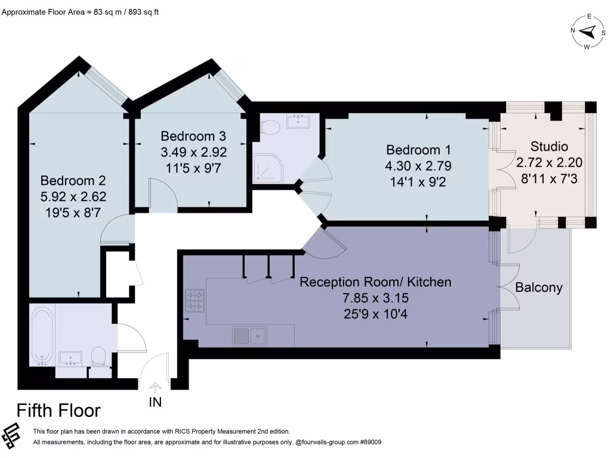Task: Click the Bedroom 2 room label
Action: [x=73, y=181]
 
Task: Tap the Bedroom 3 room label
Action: [x=193, y=137]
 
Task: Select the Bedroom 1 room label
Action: [x=418, y=150]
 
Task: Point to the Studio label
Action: [x=549, y=147]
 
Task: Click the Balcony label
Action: [x=539, y=288]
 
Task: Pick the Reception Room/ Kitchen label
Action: [x=375, y=282]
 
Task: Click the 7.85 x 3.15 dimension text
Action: [x=375, y=298]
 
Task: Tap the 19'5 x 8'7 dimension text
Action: [x=73, y=213]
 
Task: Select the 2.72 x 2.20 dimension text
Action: [x=549, y=162]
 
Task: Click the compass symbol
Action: [x=588, y=32]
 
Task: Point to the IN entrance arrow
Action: [x=155, y=388]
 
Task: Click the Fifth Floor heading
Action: [x=58, y=410]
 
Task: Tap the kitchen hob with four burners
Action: [x=195, y=301]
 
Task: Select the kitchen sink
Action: [x=249, y=336]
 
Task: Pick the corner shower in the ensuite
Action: [x=267, y=168]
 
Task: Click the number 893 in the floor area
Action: [x=134, y=12]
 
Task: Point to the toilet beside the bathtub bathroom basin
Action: [x=98, y=357]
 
